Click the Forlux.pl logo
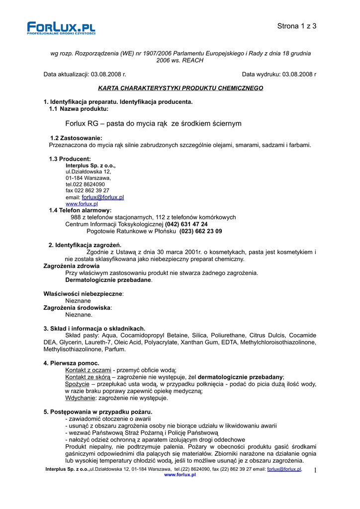click(x=61, y=28)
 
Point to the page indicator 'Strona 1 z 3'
click(x=297, y=26)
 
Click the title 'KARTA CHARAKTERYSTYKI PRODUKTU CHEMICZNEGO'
click(x=180, y=88)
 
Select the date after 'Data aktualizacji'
click(x=108, y=74)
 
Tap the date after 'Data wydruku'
click(x=299, y=74)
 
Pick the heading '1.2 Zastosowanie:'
click(x=76, y=138)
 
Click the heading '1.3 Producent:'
click(x=70, y=159)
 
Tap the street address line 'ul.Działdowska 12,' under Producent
click(x=89, y=171)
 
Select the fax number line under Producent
click(x=88, y=190)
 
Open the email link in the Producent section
click(x=102, y=197)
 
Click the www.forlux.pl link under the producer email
click(x=82, y=204)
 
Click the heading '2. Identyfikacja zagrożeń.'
click(x=85, y=245)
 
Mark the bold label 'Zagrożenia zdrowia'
click(x=71, y=266)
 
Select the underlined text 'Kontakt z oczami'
click(x=88, y=370)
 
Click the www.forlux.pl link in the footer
click(x=180, y=475)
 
